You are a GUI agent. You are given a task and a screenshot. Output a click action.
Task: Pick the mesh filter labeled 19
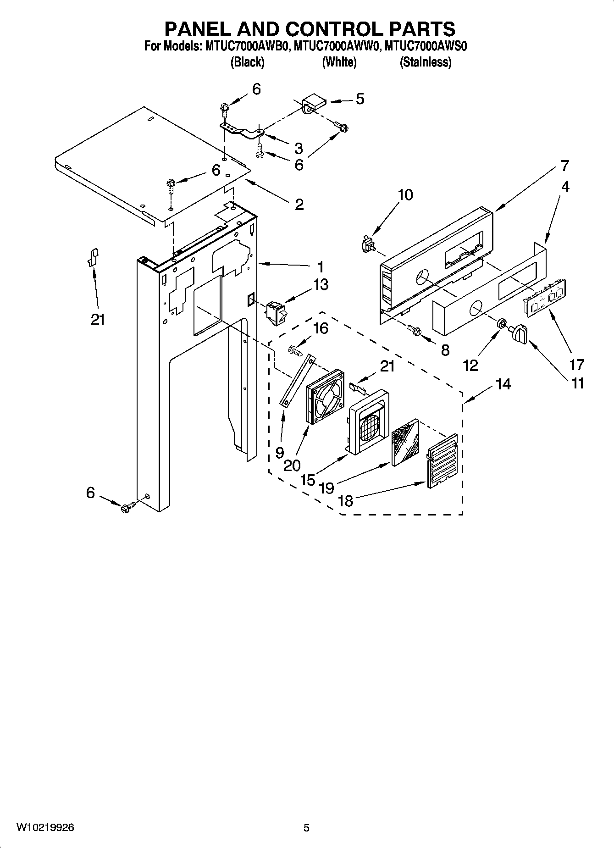coord(404,442)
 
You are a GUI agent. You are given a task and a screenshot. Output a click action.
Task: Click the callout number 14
coord(503,384)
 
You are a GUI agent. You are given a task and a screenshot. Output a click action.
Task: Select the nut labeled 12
coord(502,324)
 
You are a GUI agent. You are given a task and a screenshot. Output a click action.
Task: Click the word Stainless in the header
coord(426,62)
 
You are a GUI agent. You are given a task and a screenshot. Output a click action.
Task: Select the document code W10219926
coord(46,828)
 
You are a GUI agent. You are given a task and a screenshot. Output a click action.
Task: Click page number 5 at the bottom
coord(307,828)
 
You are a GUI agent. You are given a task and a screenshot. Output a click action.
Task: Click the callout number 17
coord(577,365)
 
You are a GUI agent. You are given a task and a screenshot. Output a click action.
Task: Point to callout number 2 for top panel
coord(299,204)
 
